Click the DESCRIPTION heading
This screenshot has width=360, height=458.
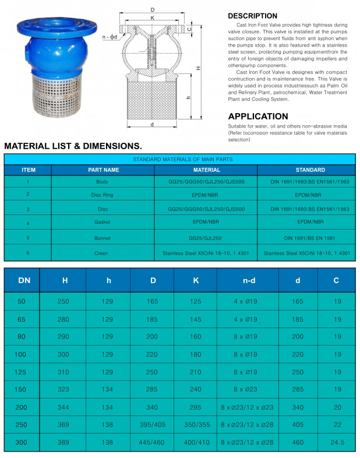click(x=252, y=16)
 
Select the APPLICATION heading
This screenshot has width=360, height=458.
click(x=257, y=116)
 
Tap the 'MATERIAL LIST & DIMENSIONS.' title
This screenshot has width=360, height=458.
click(x=73, y=146)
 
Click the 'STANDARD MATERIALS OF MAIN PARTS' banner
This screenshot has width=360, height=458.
click(x=182, y=159)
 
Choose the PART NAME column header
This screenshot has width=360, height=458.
click(x=104, y=170)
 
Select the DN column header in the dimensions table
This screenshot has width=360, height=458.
click(x=24, y=280)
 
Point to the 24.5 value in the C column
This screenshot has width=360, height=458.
click(x=337, y=442)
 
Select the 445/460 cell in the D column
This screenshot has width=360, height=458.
click(x=153, y=442)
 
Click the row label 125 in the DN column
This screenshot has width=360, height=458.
click(x=22, y=372)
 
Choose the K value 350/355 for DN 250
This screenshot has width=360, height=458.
click(x=195, y=425)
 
